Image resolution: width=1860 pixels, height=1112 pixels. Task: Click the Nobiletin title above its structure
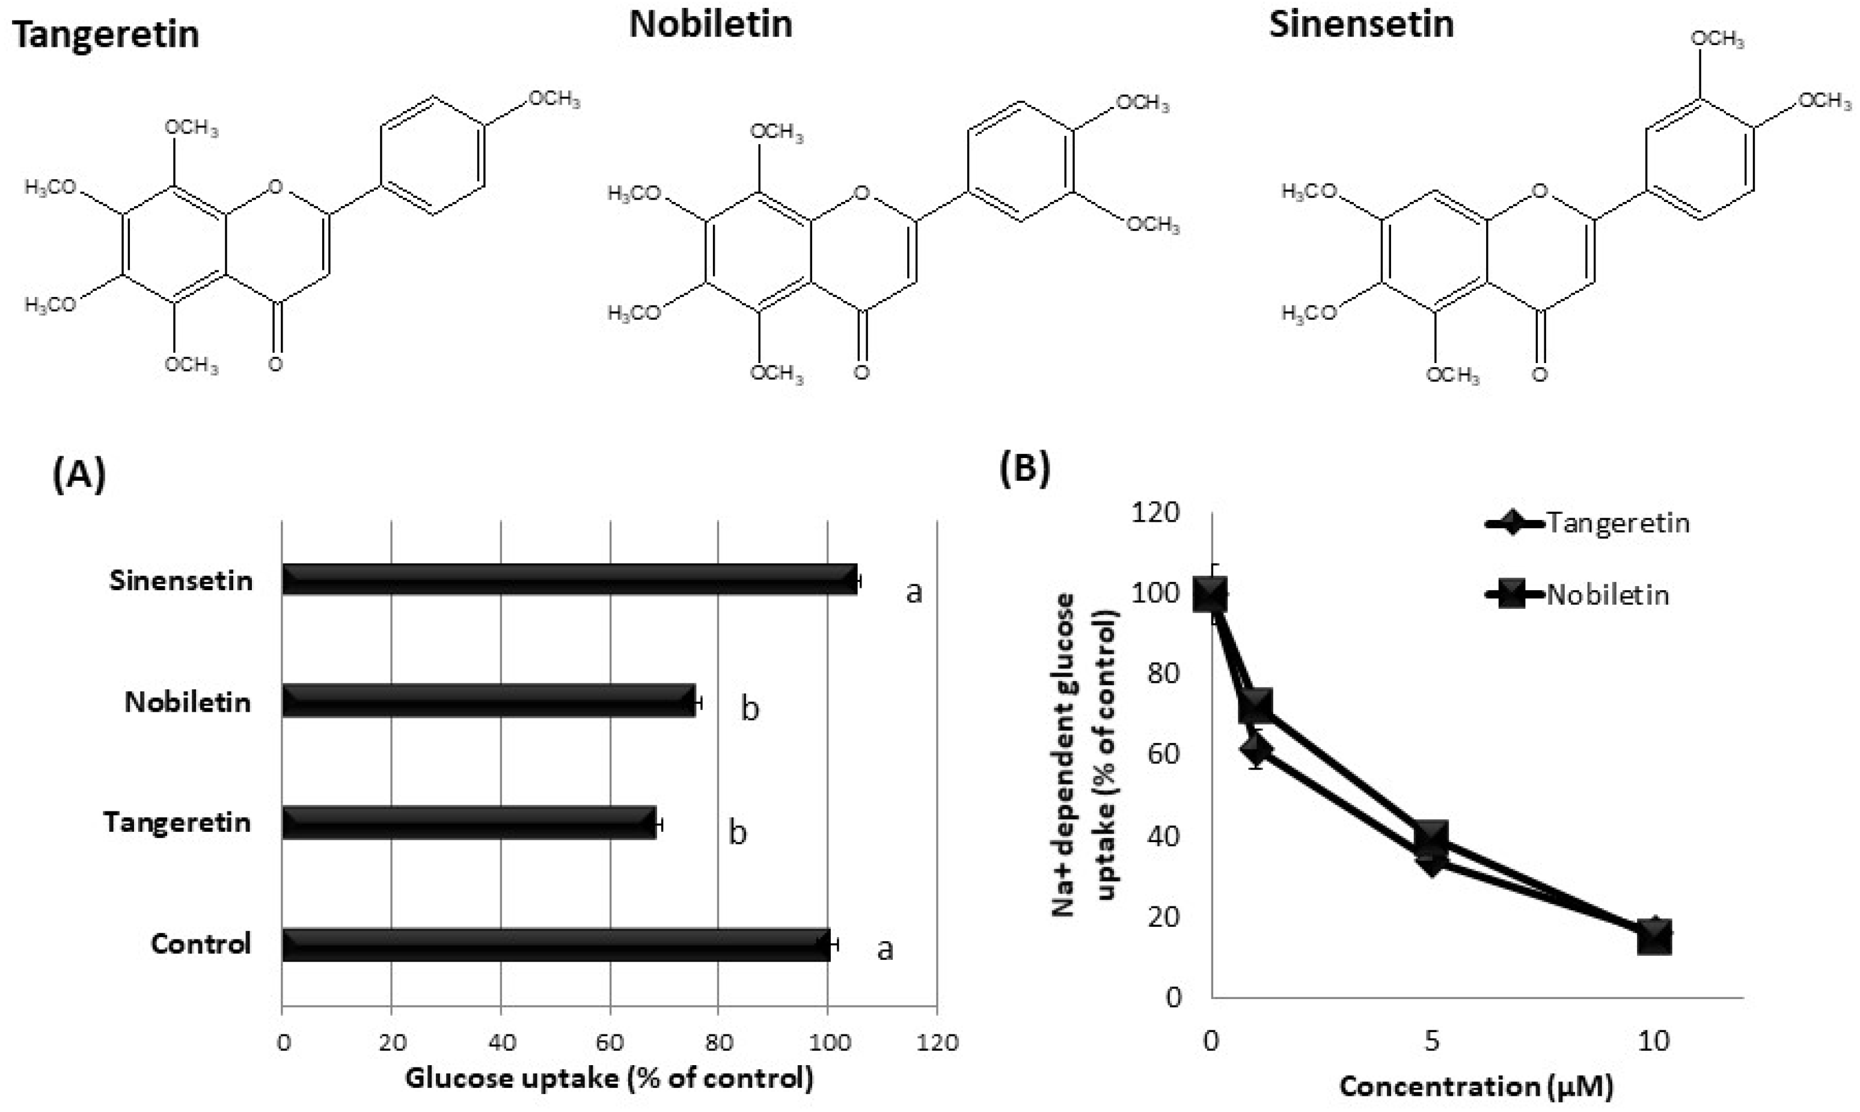[710, 24]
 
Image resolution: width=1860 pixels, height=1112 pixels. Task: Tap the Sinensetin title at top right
[1361, 24]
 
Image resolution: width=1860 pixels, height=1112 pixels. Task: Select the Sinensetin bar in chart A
[569, 579]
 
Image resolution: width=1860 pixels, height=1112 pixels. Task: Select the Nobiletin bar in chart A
[489, 701]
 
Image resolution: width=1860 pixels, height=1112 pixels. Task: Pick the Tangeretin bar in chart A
[469, 822]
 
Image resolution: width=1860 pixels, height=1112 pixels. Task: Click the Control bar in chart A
[556, 944]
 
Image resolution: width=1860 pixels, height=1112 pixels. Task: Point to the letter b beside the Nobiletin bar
[750, 708]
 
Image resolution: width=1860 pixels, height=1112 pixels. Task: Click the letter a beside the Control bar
[885, 949]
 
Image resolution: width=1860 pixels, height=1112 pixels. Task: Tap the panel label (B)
[1024, 468]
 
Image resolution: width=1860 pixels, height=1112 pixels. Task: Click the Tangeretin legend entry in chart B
[1617, 522]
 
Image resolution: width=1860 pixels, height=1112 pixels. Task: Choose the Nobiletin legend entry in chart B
[1608, 595]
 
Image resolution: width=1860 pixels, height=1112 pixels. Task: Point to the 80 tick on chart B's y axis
[1163, 673]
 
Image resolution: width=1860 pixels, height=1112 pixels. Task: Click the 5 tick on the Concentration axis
[1431, 1041]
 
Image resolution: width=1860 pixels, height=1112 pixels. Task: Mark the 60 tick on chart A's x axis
[609, 1042]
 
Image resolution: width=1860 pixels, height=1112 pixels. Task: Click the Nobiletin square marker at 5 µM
[1432, 837]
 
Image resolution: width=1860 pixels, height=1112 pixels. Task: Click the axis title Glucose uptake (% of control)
[608, 1078]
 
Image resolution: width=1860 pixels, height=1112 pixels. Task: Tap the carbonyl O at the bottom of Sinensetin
[1539, 373]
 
